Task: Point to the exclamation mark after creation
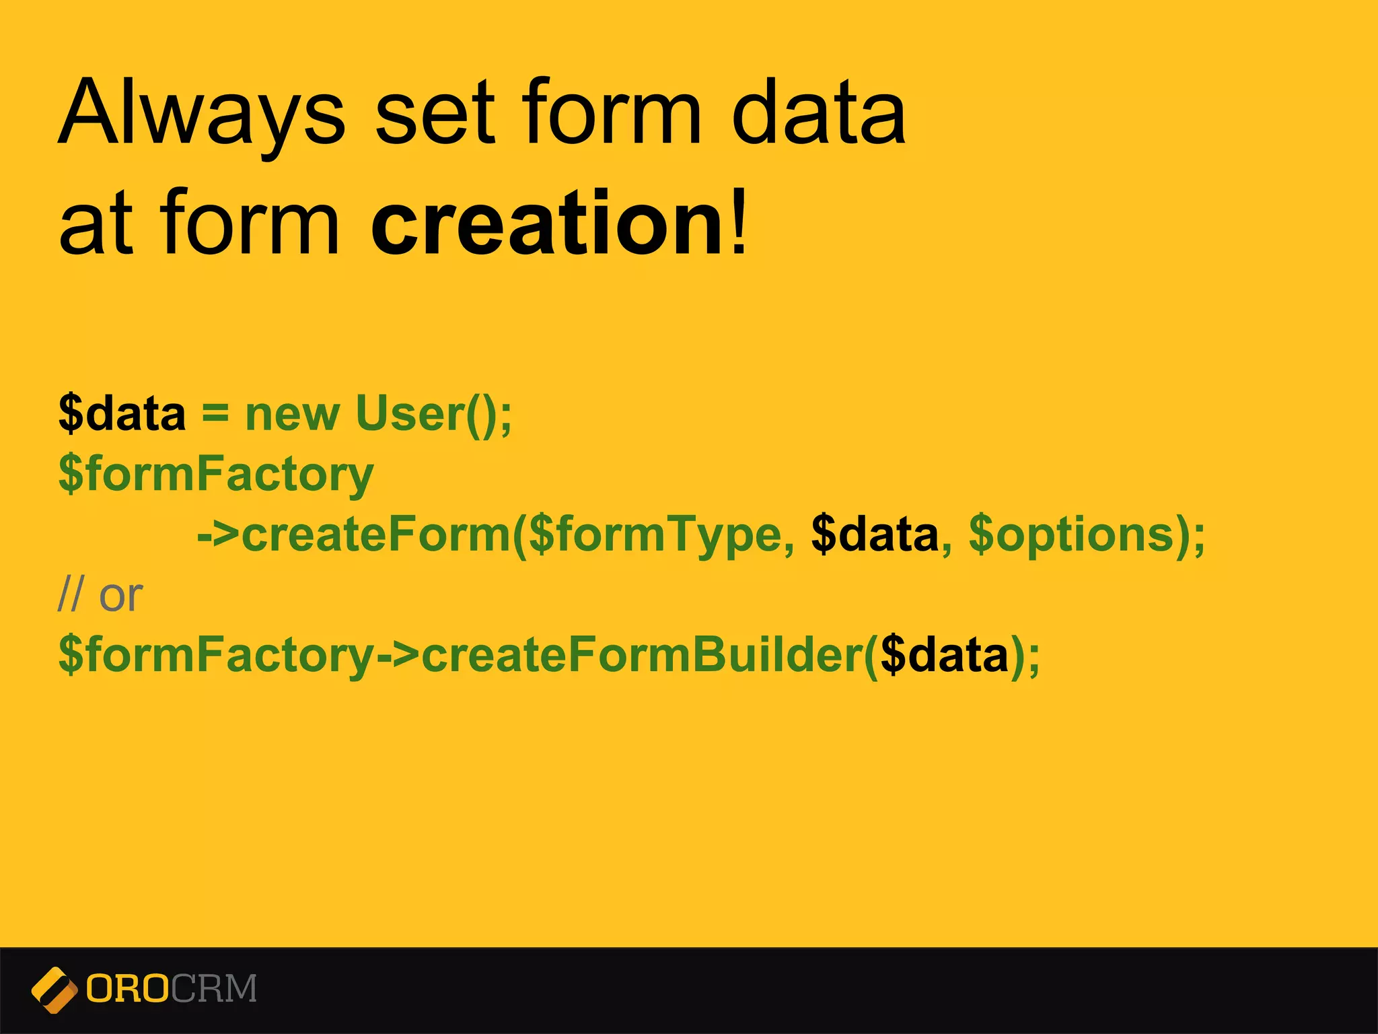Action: [x=739, y=222]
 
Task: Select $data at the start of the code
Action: [x=122, y=413]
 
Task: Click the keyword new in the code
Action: [x=292, y=415]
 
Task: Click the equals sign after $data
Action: [x=215, y=412]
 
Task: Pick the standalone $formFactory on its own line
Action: [x=215, y=475]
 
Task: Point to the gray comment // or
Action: [x=101, y=595]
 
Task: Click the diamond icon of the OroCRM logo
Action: [x=55, y=990]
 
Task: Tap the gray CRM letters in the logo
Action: [x=214, y=989]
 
